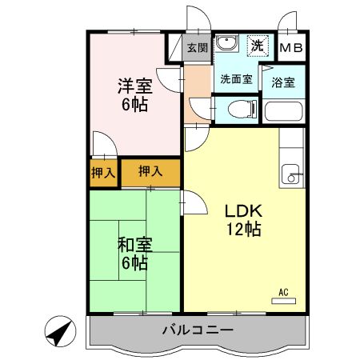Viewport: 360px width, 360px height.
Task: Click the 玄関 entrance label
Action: [197, 48]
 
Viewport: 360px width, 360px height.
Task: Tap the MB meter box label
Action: [291, 48]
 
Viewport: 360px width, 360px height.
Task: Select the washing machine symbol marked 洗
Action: [258, 46]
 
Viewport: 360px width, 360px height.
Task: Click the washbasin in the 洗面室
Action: [226, 42]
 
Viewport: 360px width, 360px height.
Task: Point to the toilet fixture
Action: [242, 109]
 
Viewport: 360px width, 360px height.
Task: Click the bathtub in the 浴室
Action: [283, 111]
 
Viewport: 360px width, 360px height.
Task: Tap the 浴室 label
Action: [283, 82]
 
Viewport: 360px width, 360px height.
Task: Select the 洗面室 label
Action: [236, 79]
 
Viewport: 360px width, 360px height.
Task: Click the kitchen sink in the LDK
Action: [290, 174]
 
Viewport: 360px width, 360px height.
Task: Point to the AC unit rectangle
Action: [283, 301]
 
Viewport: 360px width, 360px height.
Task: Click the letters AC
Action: [283, 292]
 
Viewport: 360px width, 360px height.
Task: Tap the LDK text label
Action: [243, 211]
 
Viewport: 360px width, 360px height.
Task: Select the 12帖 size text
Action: [244, 229]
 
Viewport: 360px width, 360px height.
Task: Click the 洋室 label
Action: [135, 86]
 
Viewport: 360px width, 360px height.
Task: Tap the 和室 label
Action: [135, 245]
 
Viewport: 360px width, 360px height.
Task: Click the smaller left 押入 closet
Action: [103, 173]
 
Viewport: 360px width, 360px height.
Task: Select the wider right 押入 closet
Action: [150, 173]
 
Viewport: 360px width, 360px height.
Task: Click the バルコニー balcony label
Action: [198, 330]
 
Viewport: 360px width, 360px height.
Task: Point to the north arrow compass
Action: [60, 331]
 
